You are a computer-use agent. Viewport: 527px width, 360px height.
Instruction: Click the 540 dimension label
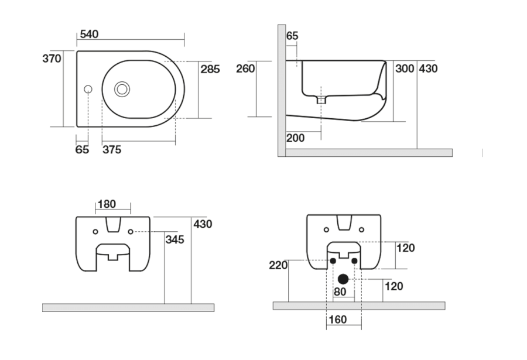[88, 34]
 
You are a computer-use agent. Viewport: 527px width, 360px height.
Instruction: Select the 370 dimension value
[52, 59]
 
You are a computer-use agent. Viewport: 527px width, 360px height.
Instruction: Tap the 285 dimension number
[210, 69]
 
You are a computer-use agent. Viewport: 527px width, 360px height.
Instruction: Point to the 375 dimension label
[112, 150]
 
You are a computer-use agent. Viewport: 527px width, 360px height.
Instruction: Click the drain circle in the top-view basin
[122, 89]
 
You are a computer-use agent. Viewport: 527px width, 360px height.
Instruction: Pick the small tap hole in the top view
[88, 89]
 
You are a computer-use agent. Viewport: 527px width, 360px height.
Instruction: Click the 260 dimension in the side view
[245, 68]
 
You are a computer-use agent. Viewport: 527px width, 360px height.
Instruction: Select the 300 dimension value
[405, 68]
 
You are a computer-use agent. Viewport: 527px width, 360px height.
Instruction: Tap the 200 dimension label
[295, 138]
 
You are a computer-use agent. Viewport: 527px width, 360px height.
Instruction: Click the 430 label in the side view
[428, 68]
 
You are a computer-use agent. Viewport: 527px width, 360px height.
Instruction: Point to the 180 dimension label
[107, 204]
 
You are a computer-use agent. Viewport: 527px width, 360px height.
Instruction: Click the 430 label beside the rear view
[203, 224]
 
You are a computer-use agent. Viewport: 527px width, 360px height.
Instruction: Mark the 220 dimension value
[279, 265]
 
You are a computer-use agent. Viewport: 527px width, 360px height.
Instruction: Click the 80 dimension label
[340, 292]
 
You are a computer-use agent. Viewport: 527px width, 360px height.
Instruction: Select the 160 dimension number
[338, 320]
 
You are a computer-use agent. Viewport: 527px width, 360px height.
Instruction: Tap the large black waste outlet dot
[343, 279]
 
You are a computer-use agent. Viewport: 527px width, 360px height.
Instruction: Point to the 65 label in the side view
[292, 36]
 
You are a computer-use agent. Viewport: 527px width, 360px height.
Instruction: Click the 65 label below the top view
[82, 150]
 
